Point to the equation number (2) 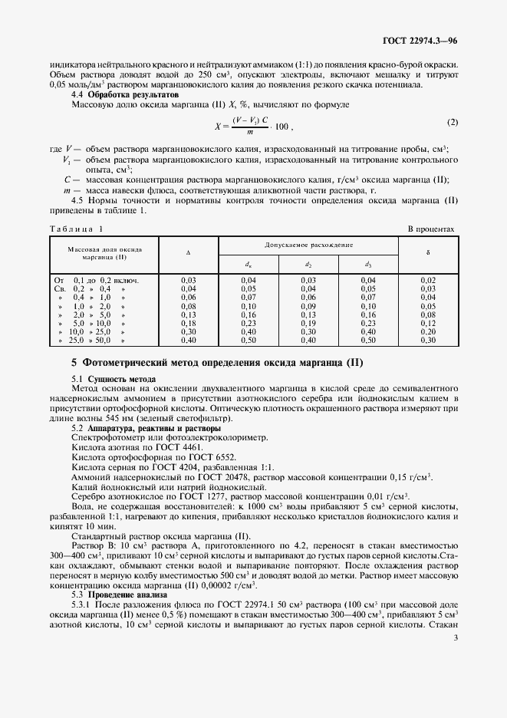click(x=453, y=123)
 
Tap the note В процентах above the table click(x=432, y=229)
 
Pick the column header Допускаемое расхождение click(x=308, y=245)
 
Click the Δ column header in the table click(x=189, y=252)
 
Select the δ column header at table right click(x=428, y=252)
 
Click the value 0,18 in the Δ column click(x=188, y=324)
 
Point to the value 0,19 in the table click(x=308, y=324)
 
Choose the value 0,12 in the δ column click(x=428, y=324)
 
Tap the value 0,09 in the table click(x=308, y=305)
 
